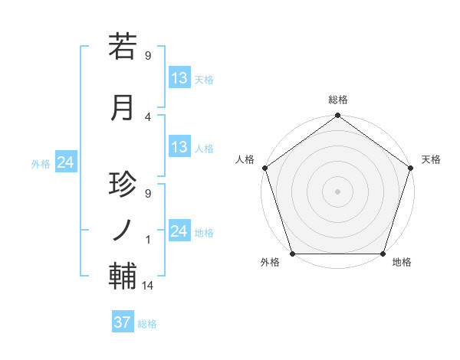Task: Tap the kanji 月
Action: [x=123, y=107]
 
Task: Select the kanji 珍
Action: [x=123, y=186]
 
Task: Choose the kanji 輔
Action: [x=123, y=276]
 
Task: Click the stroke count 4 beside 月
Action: [x=148, y=117]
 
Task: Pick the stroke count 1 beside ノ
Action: [x=148, y=239]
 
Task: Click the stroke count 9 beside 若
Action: [x=148, y=55]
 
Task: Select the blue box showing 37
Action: [x=123, y=322]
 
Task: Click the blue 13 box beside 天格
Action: [x=179, y=78]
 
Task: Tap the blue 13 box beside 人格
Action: [x=179, y=147]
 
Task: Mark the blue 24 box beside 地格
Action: [x=179, y=231]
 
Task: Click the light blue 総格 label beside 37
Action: [x=147, y=324]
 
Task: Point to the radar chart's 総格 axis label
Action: [x=337, y=100]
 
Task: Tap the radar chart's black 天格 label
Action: [x=431, y=159]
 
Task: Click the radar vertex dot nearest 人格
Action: [x=265, y=168]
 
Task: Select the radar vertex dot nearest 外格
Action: [x=293, y=254]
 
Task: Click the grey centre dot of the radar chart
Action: [x=337, y=191]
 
